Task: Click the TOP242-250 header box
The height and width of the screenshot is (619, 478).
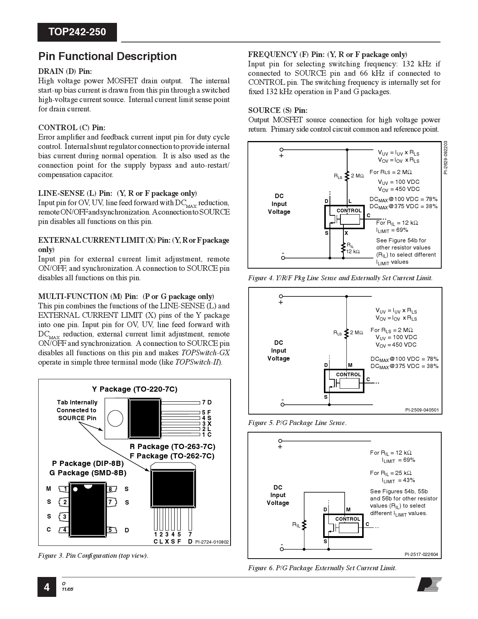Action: pos(77,32)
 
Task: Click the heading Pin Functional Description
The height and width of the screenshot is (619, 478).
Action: pos(108,56)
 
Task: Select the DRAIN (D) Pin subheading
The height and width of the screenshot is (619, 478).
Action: pos(65,71)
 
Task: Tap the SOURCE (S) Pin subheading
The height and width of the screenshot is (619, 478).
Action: pos(278,110)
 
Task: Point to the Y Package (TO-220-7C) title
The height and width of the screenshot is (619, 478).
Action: pos(135,389)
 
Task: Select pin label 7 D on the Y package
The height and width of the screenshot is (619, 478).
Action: pos(207,403)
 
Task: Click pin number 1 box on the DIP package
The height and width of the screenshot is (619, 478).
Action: pos(66,489)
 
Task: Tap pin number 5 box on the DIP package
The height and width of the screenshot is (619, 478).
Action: pos(110,530)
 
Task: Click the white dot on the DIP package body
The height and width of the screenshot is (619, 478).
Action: pos(75,489)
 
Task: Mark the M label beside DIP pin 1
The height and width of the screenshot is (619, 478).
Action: pos(49,488)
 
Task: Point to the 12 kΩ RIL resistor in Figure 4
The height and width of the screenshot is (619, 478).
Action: pos(343,248)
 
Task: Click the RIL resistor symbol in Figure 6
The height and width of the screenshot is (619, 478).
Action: pos(304,524)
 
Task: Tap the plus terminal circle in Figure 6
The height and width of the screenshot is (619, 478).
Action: pos(280,441)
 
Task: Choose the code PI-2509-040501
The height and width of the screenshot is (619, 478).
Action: pos(421,410)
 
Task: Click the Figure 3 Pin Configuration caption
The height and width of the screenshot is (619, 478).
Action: pos(93,556)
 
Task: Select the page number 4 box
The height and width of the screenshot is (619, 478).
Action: pos(46,587)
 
